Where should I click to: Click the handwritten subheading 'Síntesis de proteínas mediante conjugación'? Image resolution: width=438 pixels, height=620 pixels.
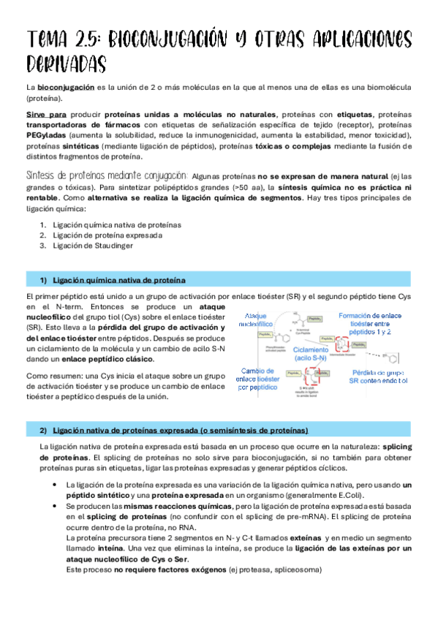107,176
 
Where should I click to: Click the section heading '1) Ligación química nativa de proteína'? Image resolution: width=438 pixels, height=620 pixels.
113,281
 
